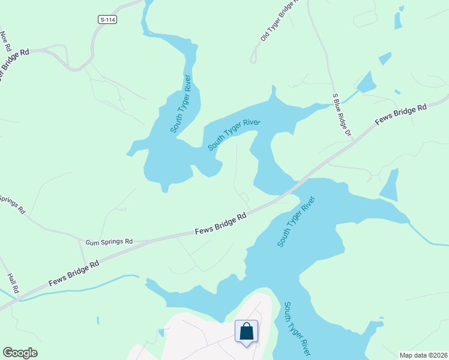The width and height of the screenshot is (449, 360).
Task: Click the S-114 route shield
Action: click(x=107, y=20)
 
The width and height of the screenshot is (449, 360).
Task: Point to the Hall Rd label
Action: click(x=13, y=283)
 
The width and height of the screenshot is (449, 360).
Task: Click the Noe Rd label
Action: click(x=5, y=41)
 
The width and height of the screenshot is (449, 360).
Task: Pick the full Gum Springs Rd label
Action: click(x=109, y=242)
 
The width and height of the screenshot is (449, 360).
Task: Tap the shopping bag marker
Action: click(x=246, y=331)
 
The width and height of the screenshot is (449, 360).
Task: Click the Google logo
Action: click(x=20, y=353)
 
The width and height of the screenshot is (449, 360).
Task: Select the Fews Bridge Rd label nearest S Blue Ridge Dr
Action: click(x=400, y=114)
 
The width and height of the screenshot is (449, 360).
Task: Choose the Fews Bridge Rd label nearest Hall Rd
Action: click(x=74, y=273)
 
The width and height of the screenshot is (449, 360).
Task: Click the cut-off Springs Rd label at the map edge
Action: click(x=11, y=205)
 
